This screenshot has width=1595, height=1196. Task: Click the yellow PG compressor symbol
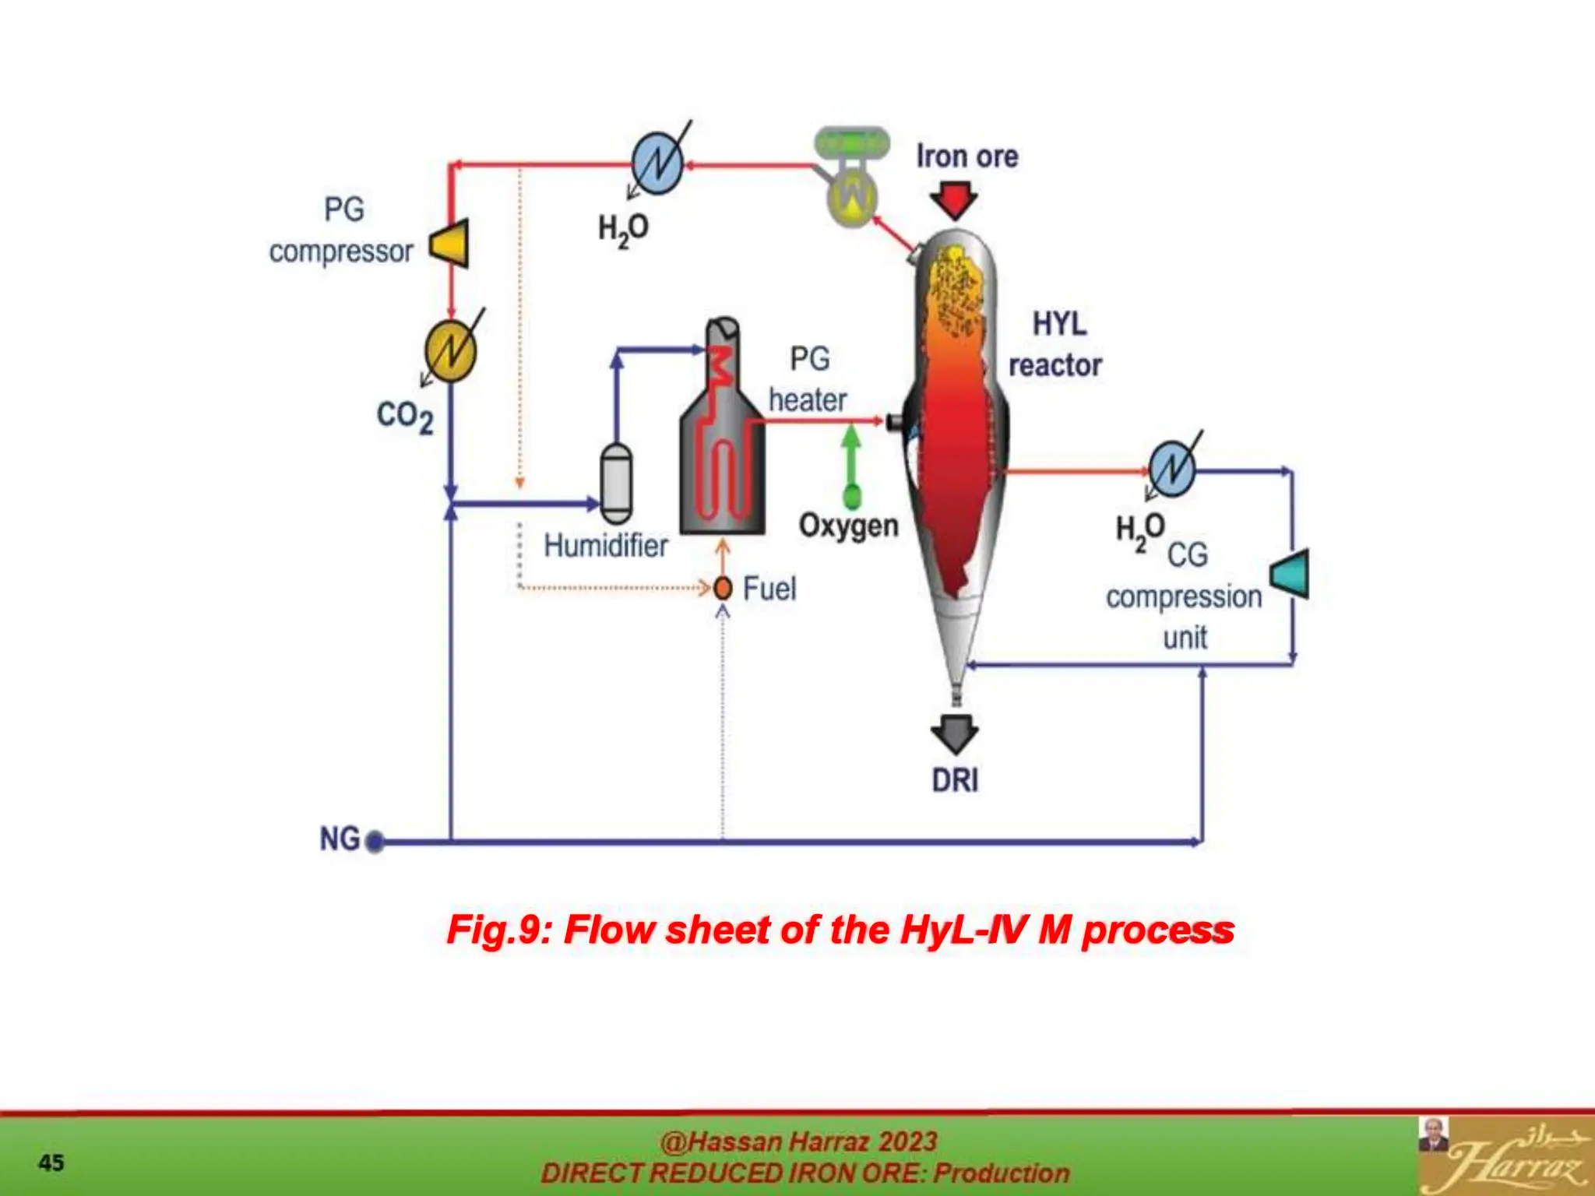click(451, 243)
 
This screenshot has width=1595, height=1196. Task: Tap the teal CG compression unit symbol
click(1291, 574)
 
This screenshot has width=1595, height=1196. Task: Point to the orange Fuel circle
click(723, 588)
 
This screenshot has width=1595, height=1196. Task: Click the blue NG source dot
click(375, 842)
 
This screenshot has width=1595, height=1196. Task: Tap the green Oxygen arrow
click(851, 463)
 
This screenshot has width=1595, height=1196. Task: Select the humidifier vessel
click(616, 483)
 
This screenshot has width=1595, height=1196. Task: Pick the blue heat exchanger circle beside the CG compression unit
click(1172, 469)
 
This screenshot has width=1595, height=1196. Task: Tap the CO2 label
click(404, 417)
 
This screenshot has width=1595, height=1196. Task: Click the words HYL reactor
click(1056, 344)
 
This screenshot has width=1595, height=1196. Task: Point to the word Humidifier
click(605, 546)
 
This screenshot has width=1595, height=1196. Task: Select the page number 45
click(51, 1163)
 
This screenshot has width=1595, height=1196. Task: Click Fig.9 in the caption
click(498, 929)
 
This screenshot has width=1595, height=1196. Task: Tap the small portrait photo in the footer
click(1433, 1134)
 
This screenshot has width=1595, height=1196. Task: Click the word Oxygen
click(848, 526)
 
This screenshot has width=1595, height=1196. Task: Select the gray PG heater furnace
click(722, 436)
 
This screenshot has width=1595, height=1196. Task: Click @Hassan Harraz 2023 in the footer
click(798, 1141)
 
